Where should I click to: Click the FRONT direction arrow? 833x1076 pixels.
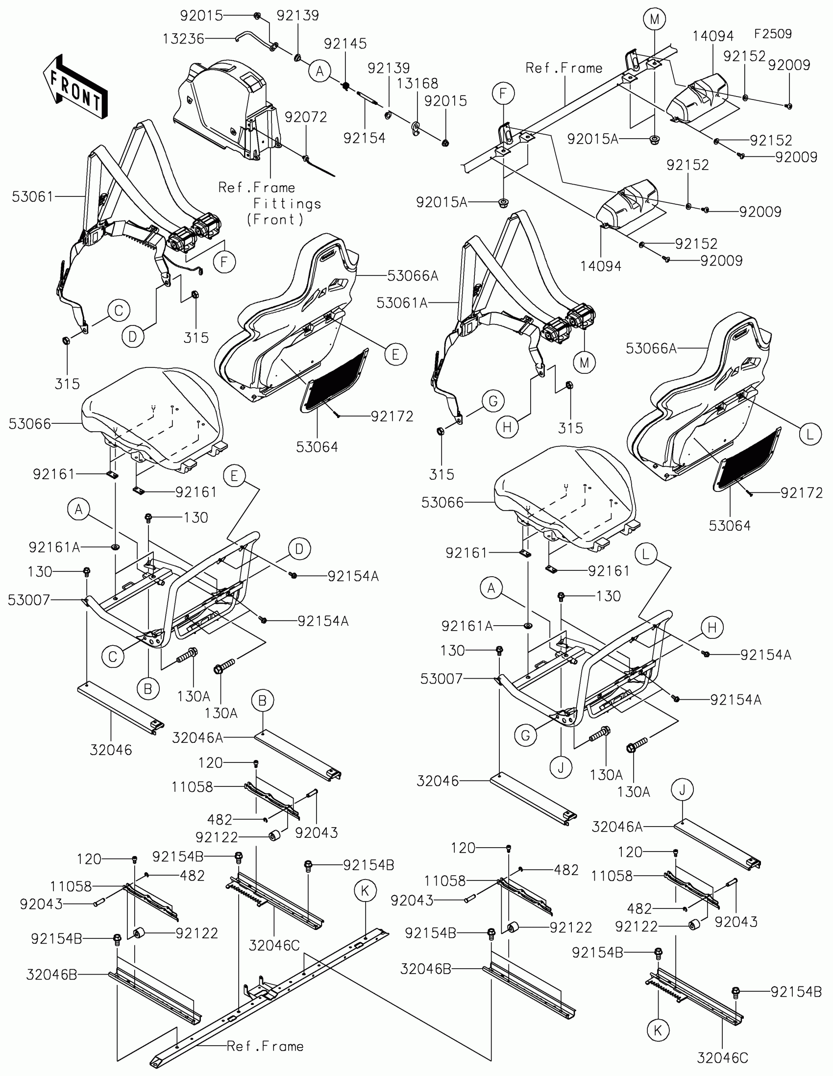(x=74, y=87)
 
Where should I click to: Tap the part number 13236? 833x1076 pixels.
(x=184, y=39)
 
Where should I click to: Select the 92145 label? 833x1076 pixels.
(x=345, y=43)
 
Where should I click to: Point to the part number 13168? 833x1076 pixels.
(x=417, y=83)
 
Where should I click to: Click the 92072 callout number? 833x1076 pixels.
(x=306, y=117)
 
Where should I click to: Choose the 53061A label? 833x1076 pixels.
(x=402, y=302)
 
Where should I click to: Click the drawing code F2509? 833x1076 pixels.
(x=773, y=33)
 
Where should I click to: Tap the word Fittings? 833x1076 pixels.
(x=287, y=203)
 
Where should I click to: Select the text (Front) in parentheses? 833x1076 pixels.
(x=275, y=219)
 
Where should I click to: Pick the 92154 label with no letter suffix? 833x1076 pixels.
(x=365, y=138)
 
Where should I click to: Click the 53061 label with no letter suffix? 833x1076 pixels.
(x=32, y=196)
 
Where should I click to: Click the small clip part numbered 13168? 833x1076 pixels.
(x=416, y=127)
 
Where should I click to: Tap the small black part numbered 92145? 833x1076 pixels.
(x=346, y=86)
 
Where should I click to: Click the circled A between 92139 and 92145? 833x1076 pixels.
(x=319, y=72)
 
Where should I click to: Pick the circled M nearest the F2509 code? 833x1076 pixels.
(x=654, y=20)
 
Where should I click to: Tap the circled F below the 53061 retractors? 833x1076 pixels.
(x=224, y=262)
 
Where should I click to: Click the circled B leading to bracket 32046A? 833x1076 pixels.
(x=263, y=700)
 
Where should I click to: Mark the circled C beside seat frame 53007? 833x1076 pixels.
(x=113, y=656)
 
